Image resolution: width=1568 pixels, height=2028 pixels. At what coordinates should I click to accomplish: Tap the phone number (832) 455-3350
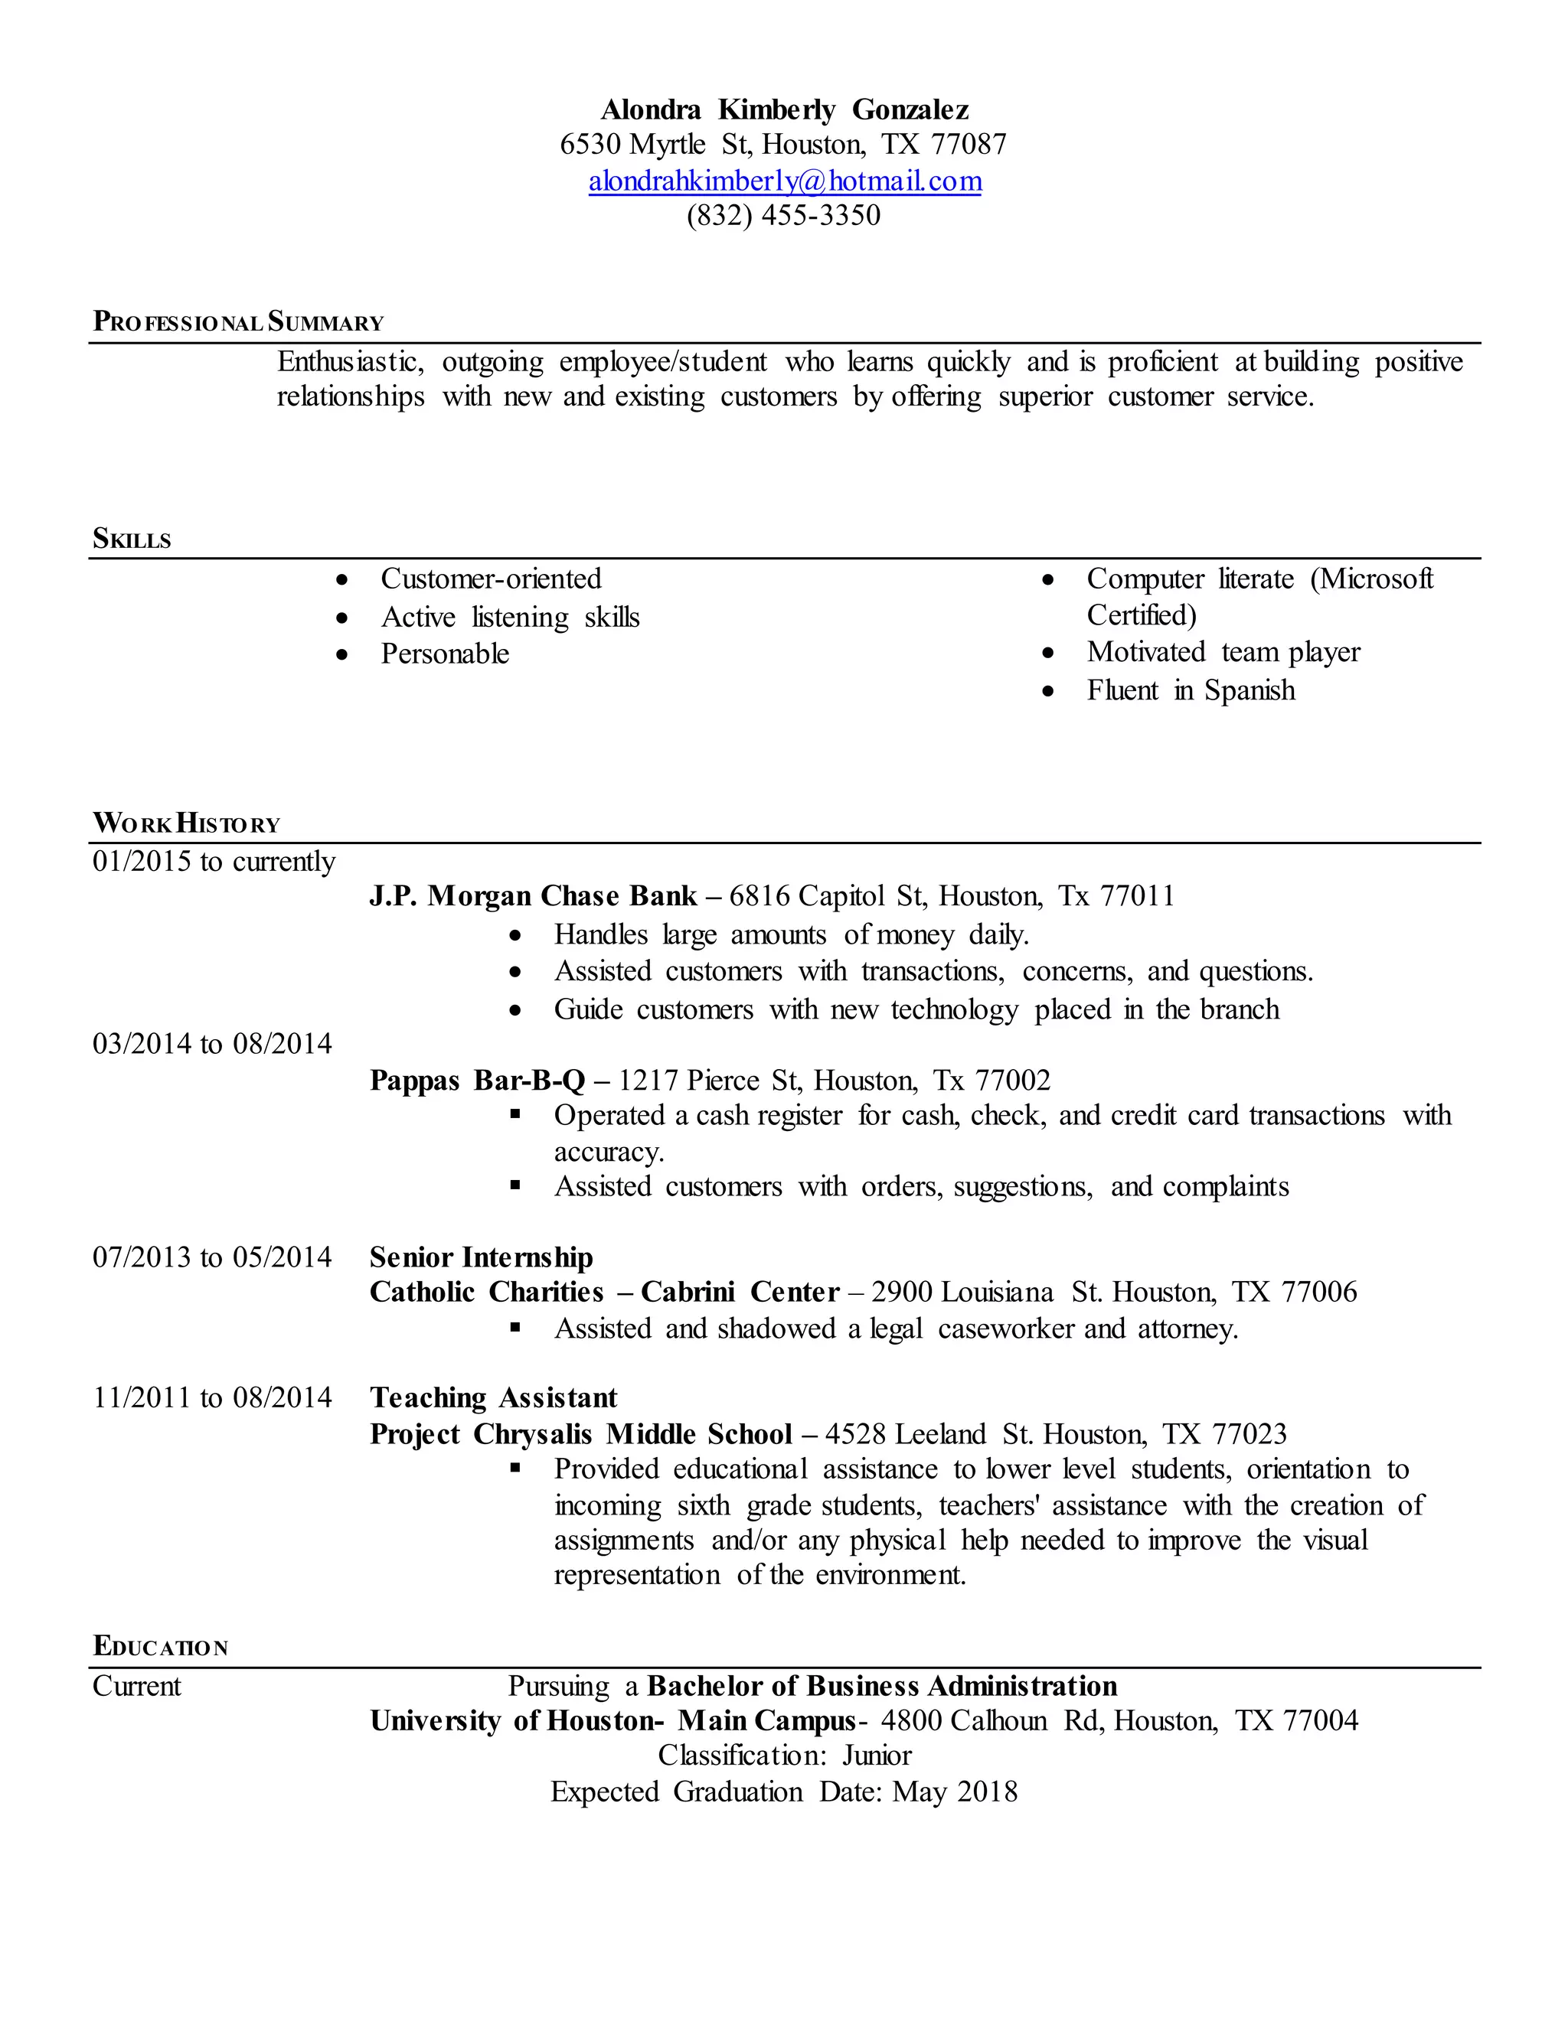[783, 216]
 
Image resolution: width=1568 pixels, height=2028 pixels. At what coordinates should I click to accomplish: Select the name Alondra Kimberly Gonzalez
[784, 109]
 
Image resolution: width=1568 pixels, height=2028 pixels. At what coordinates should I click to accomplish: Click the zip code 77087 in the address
[969, 144]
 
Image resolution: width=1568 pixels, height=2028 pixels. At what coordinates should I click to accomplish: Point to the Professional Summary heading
[238, 322]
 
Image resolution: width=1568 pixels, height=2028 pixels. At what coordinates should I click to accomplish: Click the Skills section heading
[132, 539]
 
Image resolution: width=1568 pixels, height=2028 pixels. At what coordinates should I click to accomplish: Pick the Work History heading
[186, 823]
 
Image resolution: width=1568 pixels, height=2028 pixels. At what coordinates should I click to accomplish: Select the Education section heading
[160, 1646]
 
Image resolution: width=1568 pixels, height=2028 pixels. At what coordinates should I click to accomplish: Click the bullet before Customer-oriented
[343, 580]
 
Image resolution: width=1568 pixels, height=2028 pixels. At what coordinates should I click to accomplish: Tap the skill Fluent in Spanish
[1190, 690]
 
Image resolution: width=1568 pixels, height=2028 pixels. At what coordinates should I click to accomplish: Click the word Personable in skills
[445, 654]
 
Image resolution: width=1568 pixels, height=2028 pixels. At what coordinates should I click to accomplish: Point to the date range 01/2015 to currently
[214, 862]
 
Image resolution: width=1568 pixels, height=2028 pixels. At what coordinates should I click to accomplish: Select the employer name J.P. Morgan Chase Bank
[533, 896]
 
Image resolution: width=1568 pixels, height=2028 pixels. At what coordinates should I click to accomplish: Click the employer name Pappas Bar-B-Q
[478, 1080]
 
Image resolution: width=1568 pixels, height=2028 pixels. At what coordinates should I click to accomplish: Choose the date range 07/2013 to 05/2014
[212, 1257]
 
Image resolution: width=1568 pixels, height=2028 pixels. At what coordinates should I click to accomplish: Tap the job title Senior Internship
[481, 1257]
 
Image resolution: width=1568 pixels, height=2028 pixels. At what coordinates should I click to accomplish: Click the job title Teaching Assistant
[493, 1397]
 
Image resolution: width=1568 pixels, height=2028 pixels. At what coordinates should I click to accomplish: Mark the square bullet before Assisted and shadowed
[515, 1328]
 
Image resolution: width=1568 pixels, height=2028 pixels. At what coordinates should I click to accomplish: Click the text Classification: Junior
[784, 1755]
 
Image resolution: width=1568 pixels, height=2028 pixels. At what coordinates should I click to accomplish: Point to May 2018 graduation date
[954, 1792]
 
